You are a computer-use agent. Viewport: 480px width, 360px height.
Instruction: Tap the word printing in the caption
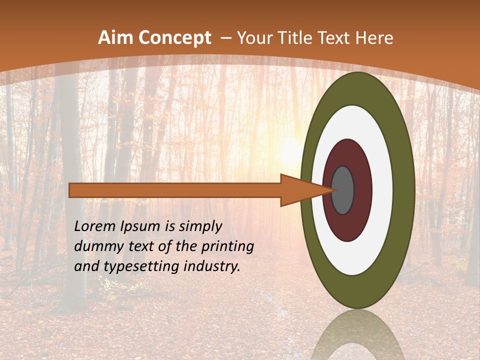[228, 246]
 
